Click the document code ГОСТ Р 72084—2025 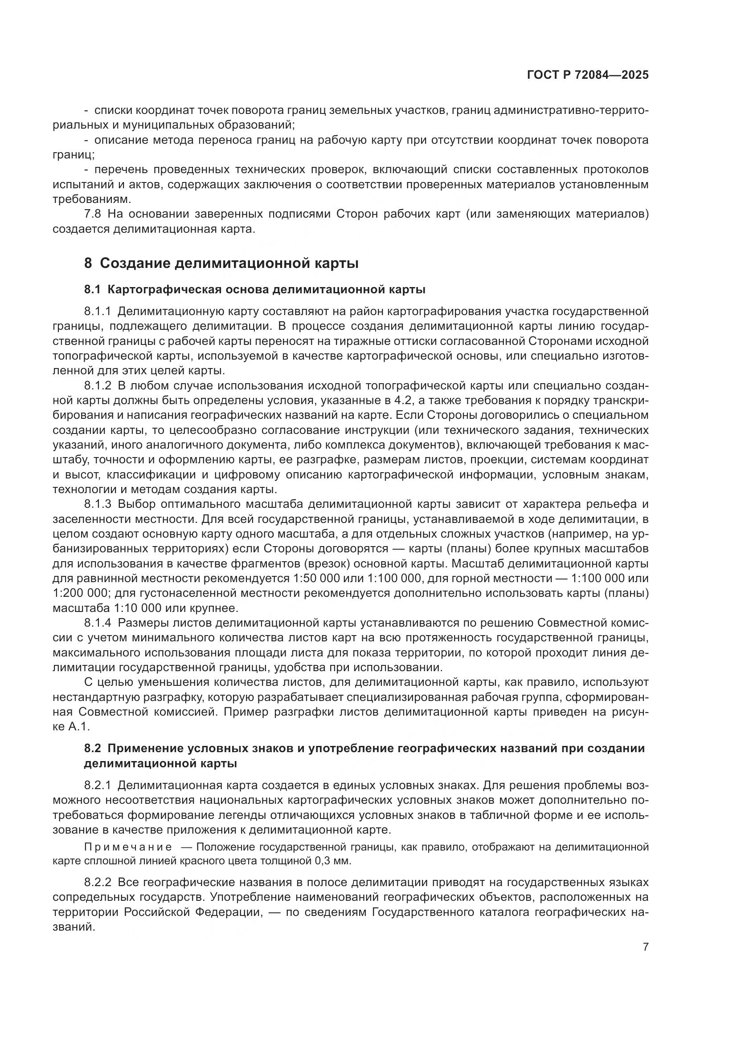[x=588, y=75]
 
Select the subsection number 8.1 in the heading [x=92, y=290]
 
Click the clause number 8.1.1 [x=98, y=312]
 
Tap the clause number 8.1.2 [x=98, y=386]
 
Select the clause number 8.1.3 [x=98, y=504]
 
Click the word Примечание [x=128, y=847]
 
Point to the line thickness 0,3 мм [x=333, y=861]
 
